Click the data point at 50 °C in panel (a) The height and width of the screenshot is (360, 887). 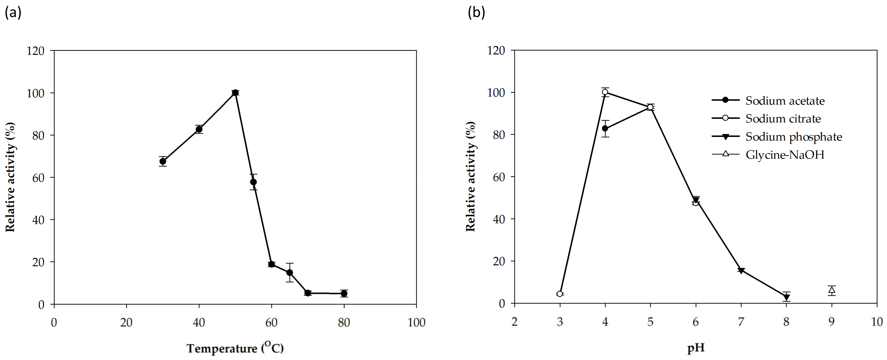235,93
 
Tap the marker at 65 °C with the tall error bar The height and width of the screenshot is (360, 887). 290,273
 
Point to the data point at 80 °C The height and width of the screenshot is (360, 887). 344,294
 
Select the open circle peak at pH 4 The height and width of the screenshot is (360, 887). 605,92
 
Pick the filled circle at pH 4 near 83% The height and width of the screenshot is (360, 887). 605,128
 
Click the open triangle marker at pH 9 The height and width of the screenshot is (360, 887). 832,290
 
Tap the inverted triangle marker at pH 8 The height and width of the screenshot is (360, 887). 786,297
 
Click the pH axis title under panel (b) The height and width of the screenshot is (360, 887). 696,348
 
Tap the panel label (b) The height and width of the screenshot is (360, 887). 476,12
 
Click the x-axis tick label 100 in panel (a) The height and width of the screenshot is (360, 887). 416,323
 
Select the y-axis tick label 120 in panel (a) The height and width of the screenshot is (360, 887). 36,51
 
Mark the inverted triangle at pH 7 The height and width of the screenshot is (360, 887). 741,270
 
